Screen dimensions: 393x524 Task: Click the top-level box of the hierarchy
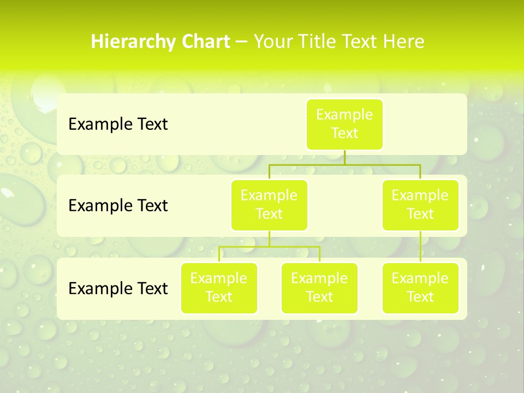[344, 124]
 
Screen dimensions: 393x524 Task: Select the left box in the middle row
[269, 205]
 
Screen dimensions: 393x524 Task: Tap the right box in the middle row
[420, 205]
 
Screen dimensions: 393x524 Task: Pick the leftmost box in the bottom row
[219, 288]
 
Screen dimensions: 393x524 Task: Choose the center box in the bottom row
[319, 288]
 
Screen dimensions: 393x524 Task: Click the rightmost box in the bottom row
[420, 288]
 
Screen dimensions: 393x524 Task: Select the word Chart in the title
[204, 42]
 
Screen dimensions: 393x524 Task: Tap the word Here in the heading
[404, 42]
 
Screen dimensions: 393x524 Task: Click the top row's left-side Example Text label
[118, 124]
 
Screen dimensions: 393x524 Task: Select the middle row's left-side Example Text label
[118, 206]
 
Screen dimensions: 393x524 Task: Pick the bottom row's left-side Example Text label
[118, 288]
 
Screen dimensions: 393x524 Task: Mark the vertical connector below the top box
[344, 157]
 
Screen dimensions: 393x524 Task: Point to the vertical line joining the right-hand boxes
[420, 246]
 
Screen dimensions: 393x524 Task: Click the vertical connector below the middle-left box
[269, 239]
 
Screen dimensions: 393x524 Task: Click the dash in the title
[242, 42]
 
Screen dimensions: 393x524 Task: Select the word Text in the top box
[344, 134]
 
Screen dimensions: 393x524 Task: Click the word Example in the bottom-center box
[319, 278]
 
